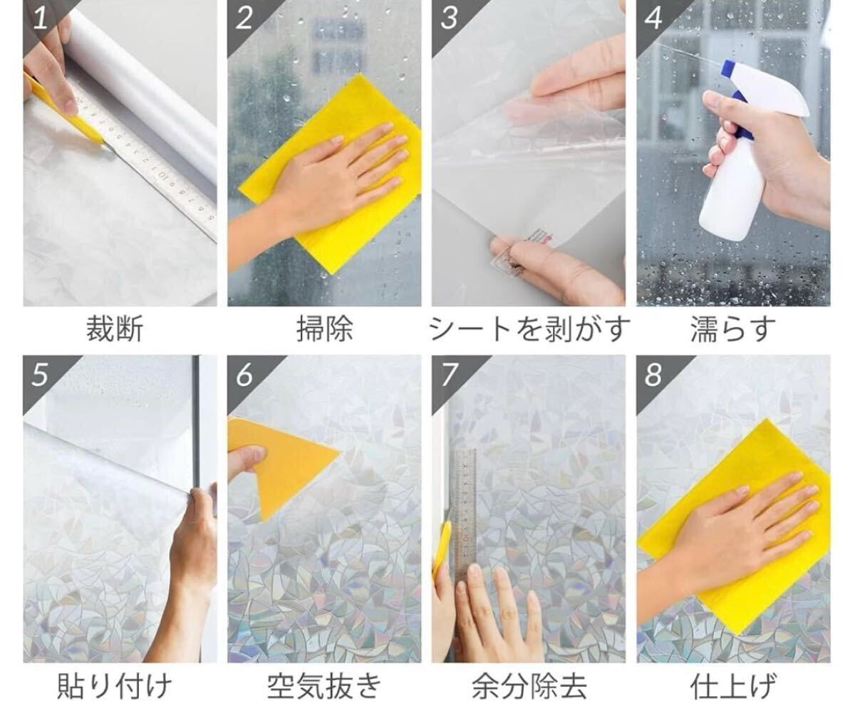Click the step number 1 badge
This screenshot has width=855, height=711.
(40, 18)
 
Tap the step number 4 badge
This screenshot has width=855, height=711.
(653, 18)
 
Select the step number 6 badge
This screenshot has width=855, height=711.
(244, 374)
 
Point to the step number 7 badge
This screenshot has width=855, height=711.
(449, 374)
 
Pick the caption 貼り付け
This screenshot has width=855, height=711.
(114, 687)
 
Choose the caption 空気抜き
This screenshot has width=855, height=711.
(324, 687)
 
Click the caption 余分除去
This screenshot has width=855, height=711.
(529, 687)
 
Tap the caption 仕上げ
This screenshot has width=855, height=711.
(733, 687)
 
